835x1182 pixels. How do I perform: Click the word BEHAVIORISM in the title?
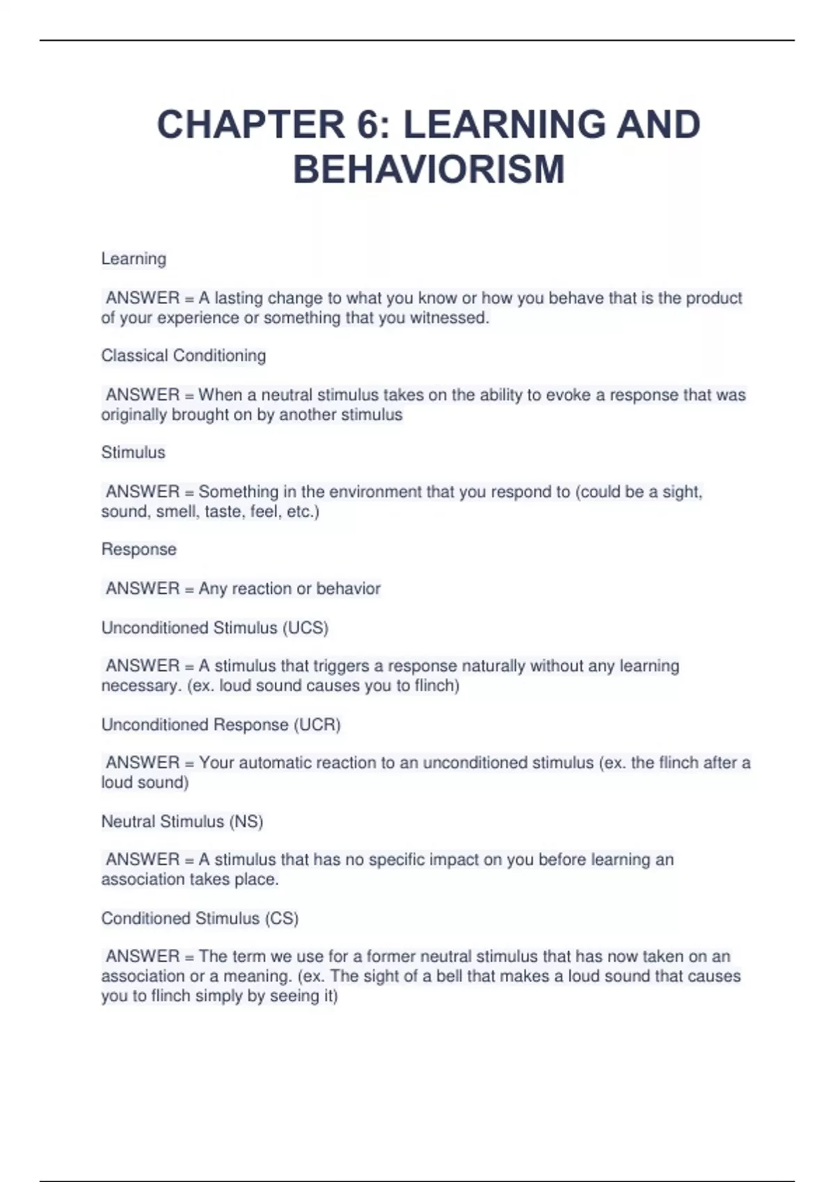429,170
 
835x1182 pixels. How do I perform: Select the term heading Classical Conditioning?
184,355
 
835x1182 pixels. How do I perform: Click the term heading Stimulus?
134,452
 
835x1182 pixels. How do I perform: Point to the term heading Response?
139,549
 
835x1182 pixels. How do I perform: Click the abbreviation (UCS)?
305,628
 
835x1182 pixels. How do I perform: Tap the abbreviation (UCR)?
317,724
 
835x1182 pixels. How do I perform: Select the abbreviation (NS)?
246,821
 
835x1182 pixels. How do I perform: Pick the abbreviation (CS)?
281,918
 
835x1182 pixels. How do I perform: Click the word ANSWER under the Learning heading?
143,298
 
